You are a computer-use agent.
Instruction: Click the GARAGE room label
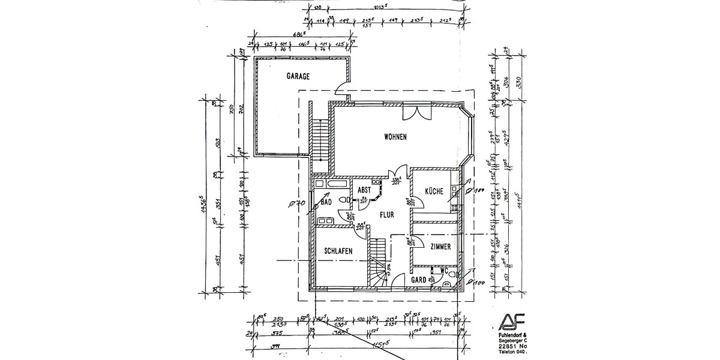pyautogui.click(x=298, y=77)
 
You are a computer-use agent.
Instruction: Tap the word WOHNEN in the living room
pyautogui.click(x=395, y=137)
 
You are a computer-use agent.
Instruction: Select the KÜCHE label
pyautogui.click(x=434, y=191)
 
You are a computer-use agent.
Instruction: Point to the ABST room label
pyautogui.click(x=364, y=190)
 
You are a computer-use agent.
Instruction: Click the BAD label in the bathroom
pyautogui.click(x=326, y=203)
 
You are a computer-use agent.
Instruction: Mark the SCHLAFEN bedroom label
pyautogui.click(x=338, y=251)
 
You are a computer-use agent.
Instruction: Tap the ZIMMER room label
pyautogui.click(x=441, y=246)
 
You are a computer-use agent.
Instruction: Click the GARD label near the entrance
pyautogui.click(x=418, y=280)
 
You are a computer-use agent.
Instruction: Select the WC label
pyautogui.click(x=445, y=271)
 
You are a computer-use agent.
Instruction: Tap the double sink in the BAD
pyautogui.click(x=328, y=221)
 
